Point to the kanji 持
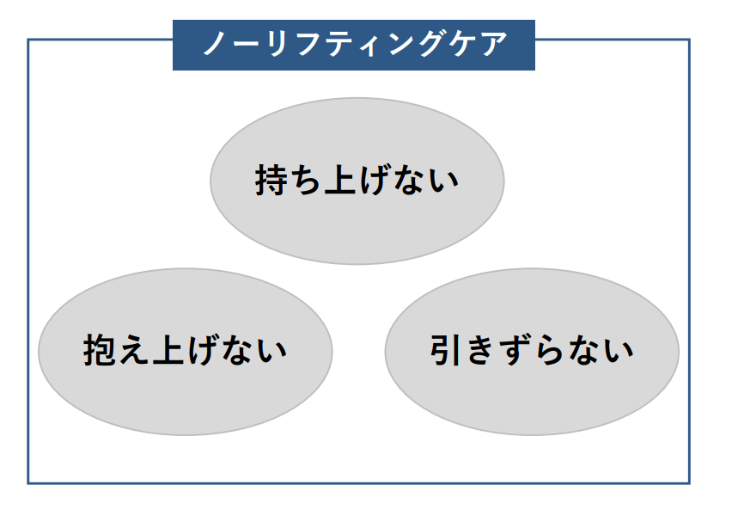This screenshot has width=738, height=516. point(271,181)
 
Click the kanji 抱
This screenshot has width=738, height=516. point(100,351)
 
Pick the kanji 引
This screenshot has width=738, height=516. point(447,351)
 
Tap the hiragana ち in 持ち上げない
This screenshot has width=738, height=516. point(306,181)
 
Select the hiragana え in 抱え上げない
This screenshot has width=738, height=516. point(134,351)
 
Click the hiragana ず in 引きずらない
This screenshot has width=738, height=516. point(515,351)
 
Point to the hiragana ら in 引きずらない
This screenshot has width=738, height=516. point(550,351)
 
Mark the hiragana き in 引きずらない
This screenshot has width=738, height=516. point(481,351)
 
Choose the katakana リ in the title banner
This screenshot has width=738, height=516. point(275,44)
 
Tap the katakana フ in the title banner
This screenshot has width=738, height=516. point(306,44)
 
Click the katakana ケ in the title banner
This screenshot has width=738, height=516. point(462,44)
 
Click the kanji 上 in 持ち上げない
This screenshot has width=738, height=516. point(340,181)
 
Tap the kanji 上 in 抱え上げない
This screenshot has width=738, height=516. point(168,351)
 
